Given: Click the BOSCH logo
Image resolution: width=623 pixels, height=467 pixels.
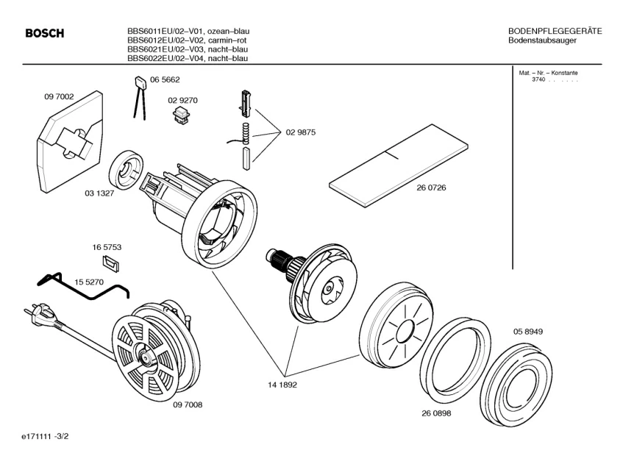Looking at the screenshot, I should point(44,34).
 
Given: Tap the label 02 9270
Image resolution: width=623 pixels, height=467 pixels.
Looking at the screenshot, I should point(182,99).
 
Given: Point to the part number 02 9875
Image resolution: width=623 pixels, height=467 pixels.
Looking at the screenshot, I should point(300,132).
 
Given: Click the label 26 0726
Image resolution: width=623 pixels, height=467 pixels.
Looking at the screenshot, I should point(431,188).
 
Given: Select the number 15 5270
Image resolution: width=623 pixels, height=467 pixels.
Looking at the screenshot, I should point(89,282).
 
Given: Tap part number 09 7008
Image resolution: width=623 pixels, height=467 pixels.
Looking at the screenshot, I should point(188,404).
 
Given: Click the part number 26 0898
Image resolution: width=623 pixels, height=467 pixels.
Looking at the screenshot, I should point(436,413).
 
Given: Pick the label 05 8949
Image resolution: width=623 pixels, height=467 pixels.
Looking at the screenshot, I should point(528,332).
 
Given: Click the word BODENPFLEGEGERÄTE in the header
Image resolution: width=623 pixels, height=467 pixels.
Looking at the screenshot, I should point(555,31).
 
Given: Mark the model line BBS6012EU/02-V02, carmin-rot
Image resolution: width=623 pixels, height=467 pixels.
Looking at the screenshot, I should point(188,40).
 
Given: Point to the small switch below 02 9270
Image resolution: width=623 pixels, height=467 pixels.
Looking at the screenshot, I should point(181,114).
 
